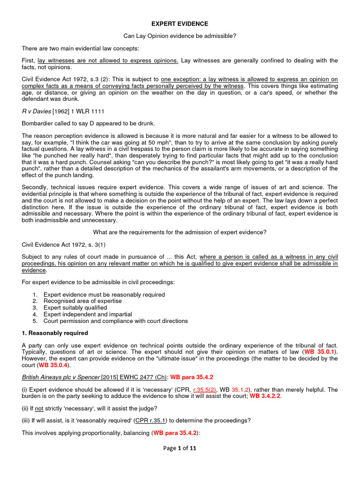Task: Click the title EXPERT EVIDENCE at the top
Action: point(180,23)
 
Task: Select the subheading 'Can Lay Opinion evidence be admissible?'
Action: point(180,36)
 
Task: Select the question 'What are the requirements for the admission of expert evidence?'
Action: point(180,232)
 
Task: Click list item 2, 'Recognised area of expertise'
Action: point(82,301)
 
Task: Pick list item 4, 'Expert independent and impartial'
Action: point(88,314)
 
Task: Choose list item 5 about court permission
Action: point(115,321)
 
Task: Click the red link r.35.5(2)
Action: point(206,389)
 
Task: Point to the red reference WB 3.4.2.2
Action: point(268,396)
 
